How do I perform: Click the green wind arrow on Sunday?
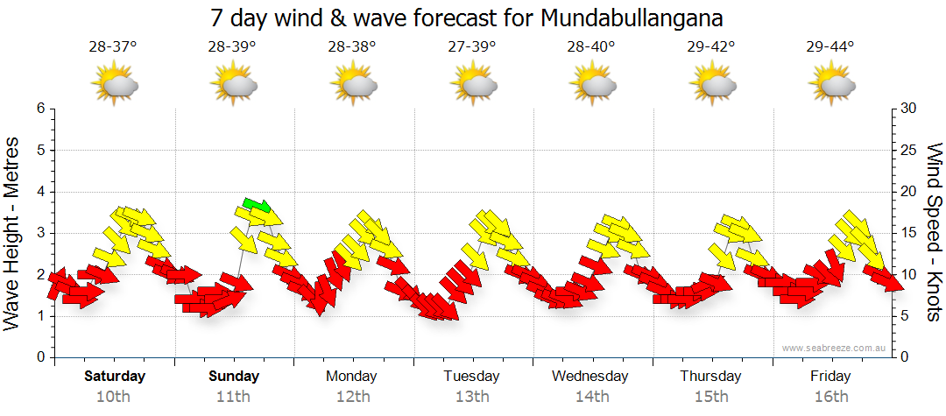point(257,207)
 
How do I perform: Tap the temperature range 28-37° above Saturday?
point(113,47)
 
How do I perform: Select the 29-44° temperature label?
point(830,47)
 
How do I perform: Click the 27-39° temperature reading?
point(472,47)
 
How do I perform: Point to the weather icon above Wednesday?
point(591,84)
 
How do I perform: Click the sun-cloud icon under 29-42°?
point(711,84)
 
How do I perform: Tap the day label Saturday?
point(115,377)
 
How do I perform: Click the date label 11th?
point(234,396)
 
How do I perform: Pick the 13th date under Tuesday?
point(471,396)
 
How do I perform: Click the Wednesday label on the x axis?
point(590,377)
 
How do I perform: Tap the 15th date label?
point(710,396)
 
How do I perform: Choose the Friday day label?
point(830,377)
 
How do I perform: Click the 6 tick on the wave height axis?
point(39,109)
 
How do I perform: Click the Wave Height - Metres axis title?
point(13,233)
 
